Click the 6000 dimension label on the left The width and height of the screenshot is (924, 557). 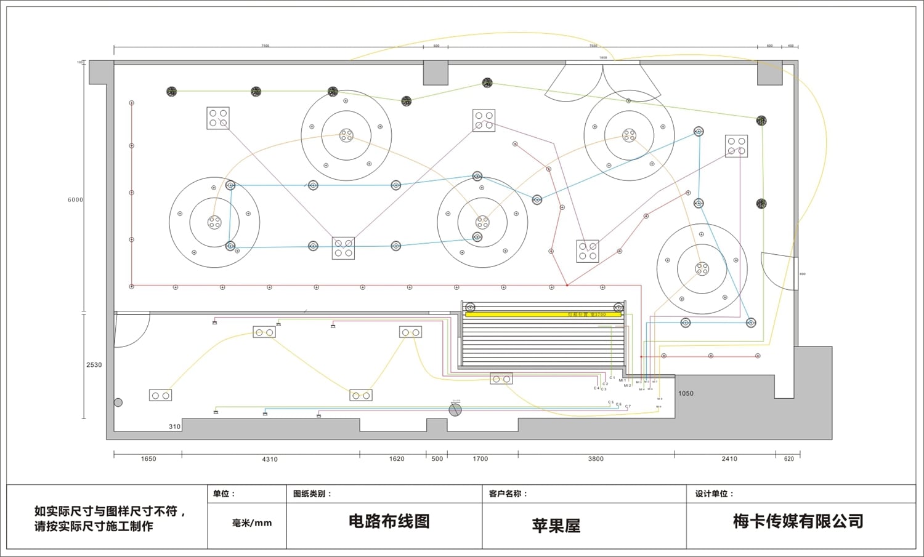(x=75, y=199)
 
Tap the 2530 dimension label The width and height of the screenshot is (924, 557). (x=94, y=365)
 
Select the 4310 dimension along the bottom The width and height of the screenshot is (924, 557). (x=270, y=459)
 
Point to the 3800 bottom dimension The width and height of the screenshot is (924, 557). (x=596, y=459)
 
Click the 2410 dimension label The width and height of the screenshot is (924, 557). (x=729, y=459)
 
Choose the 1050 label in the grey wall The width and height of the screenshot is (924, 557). (x=686, y=393)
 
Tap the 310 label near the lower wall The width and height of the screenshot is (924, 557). (x=175, y=427)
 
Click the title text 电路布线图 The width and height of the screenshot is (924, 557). (x=389, y=521)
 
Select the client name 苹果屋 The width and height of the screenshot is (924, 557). (x=556, y=526)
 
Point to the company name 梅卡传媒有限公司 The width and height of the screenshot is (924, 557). (x=798, y=521)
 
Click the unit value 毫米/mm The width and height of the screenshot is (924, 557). (x=252, y=523)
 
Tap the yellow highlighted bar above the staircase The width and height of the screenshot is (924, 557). (x=543, y=315)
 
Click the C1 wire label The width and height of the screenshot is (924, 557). (x=612, y=378)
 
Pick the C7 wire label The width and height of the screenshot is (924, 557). (x=628, y=406)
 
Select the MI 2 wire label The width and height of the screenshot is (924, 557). (x=627, y=385)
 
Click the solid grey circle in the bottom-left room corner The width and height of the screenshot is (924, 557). (x=118, y=403)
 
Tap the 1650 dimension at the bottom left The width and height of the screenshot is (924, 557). (x=148, y=459)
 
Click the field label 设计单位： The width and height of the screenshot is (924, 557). (x=715, y=494)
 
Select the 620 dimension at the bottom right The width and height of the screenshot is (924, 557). (x=789, y=459)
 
